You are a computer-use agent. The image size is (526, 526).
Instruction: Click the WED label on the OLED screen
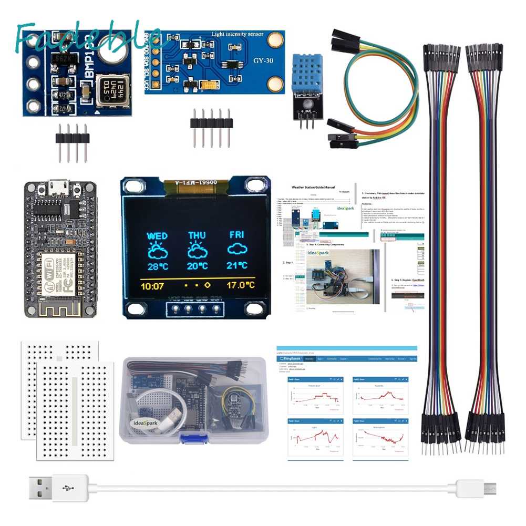157,236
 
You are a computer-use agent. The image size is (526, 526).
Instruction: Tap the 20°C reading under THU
197,266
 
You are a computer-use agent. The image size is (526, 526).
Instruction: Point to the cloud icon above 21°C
237,250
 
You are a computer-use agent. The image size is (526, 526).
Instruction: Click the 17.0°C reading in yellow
241,286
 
